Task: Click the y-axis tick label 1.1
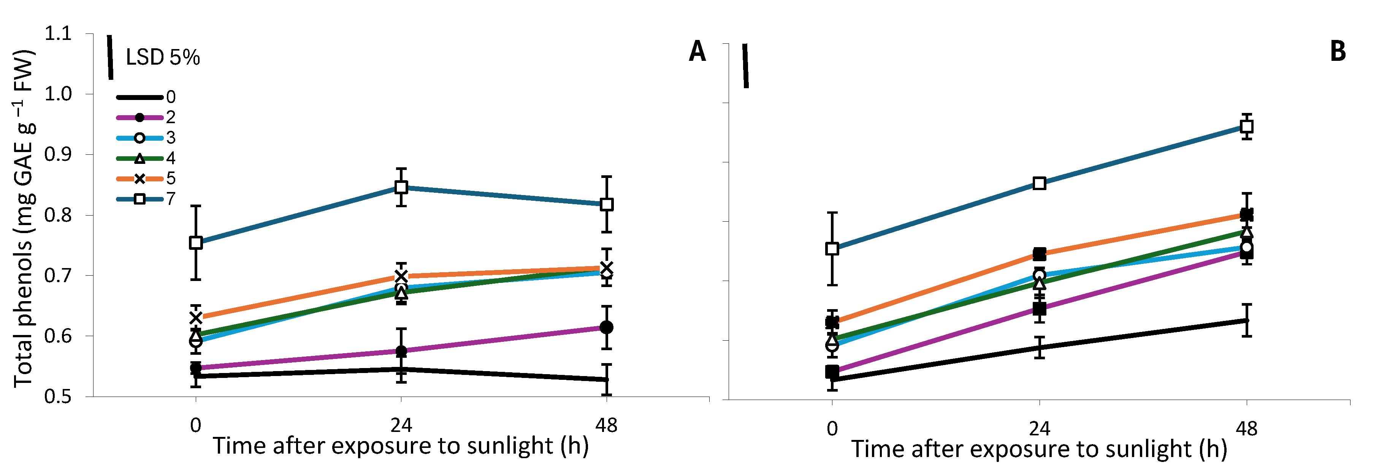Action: [58, 34]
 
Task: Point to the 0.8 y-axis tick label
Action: [58, 215]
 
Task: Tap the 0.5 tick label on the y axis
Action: [58, 397]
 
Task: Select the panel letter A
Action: [697, 51]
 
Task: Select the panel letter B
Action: [1338, 51]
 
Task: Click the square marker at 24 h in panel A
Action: [401, 187]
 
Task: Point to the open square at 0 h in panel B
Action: [832, 249]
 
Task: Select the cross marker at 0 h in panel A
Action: [196, 317]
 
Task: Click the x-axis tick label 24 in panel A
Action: [401, 425]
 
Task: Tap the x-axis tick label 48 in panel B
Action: [1246, 429]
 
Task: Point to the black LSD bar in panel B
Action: [745, 66]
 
